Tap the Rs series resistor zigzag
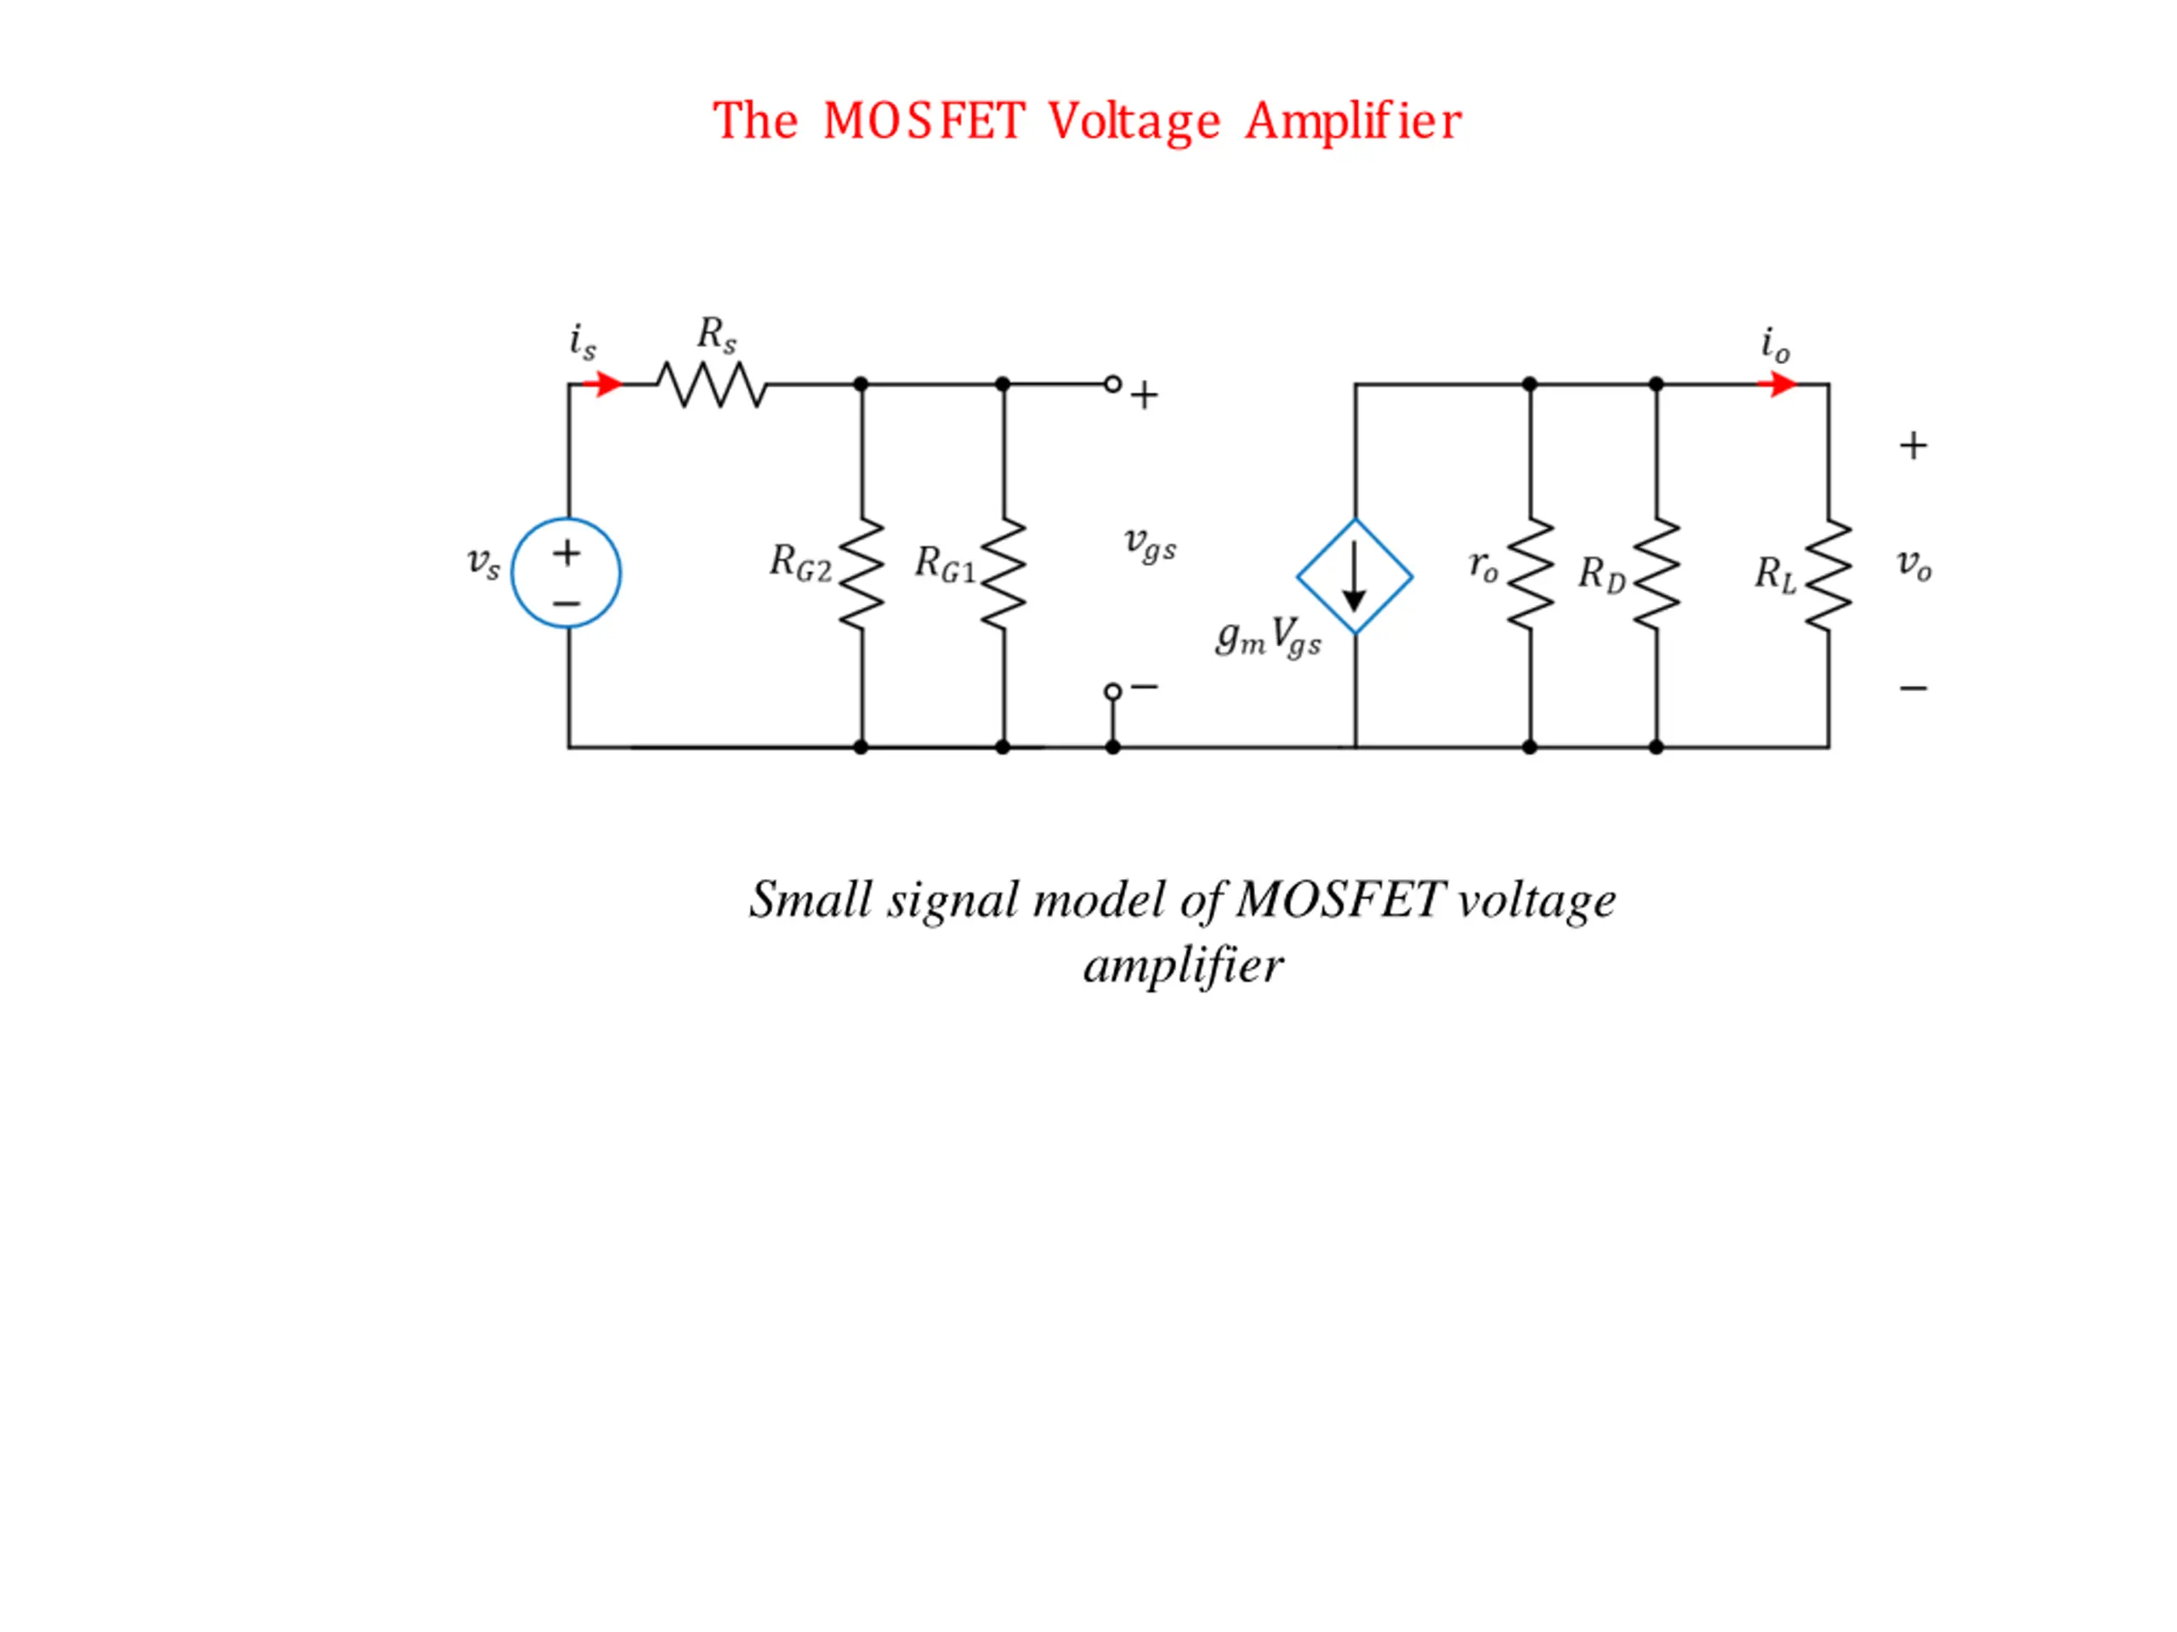(x=712, y=385)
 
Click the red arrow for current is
(x=602, y=383)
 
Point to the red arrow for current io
(x=1776, y=383)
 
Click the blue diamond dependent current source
(x=1356, y=576)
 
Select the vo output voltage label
(x=1914, y=565)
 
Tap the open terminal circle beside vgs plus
(x=1112, y=383)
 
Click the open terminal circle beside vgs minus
(x=1112, y=692)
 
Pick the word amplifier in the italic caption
(x=1183, y=965)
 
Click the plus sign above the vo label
(x=1913, y=446)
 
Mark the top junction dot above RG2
(x=861, y=383)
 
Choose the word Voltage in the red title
(x=1134, y=123)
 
